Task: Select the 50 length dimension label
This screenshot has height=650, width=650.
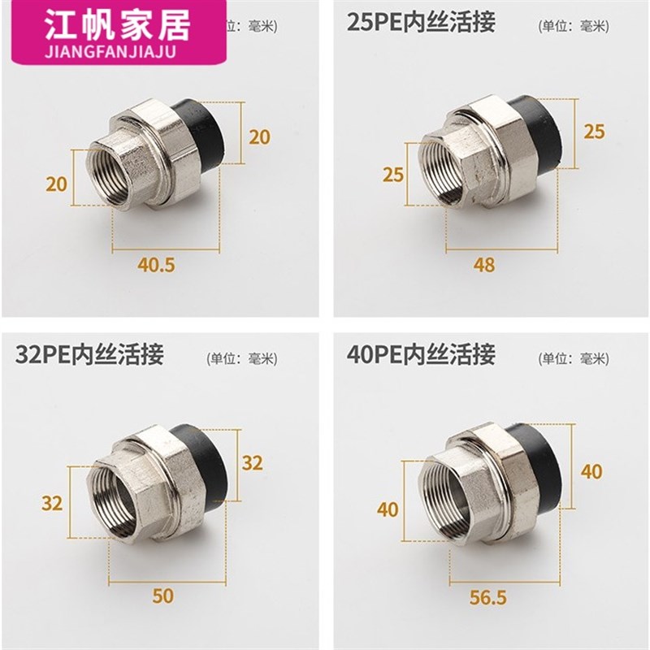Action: (162, 596)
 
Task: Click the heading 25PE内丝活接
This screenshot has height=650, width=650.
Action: (421, 22)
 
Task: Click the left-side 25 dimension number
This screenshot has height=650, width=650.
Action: (394, 174)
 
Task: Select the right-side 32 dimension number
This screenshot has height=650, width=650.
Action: (253, 462)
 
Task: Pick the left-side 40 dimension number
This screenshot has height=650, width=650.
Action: (389, 509)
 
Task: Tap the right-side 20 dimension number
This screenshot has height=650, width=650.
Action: (259, 136)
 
